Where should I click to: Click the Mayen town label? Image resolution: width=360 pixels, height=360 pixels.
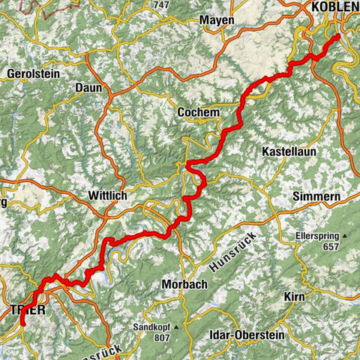point(218,20)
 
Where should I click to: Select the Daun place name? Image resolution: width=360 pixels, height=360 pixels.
point(88,88)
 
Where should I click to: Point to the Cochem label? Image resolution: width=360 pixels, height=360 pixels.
point(198,112)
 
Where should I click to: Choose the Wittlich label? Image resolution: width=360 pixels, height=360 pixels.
point(107,195)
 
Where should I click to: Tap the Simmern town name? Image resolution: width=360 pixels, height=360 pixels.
point(319,196)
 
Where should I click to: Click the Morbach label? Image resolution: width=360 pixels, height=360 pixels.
point(183,284)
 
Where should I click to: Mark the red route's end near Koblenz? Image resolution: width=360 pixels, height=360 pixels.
point(337,36)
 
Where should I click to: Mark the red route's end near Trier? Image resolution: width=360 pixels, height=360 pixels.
point(22,323)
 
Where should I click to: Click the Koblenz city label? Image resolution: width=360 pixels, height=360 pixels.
point(334,7)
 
